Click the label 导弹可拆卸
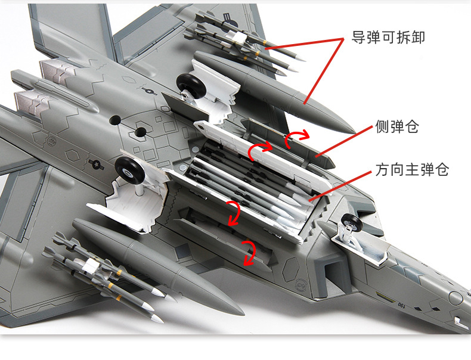pyautogui.click(x=388, y=38)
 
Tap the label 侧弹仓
pyautogui.click(x=397, y=127)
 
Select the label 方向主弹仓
pyautogui.click(x=411, y=170)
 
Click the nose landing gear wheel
pyautogui.click(x=351, y=224)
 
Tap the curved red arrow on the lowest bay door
pyautogui.click(x=247, y=253)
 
